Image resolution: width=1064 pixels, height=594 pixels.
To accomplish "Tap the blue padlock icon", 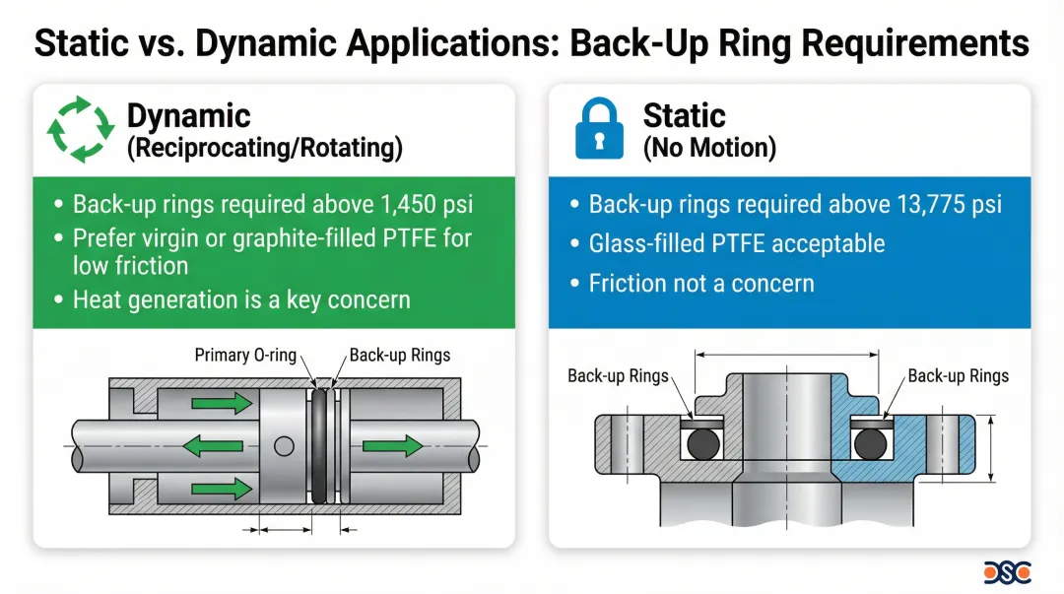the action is tap(599, 128).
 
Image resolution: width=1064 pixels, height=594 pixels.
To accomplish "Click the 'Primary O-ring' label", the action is tap(245, 355).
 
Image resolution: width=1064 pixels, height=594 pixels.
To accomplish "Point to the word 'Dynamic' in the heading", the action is tap(188, 115).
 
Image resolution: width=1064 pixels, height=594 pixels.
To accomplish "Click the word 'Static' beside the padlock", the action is tap(684, 115).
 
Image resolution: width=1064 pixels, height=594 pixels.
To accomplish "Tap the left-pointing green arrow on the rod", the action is tap(213, 446).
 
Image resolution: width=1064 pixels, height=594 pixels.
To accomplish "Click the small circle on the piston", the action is tap(285, 446).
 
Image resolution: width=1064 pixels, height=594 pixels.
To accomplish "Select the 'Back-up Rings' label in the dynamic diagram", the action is tap(400, 355).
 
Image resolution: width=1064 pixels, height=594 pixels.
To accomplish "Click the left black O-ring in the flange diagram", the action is tap(703, 444).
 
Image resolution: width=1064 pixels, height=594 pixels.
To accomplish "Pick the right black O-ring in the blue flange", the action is tap(871, 444).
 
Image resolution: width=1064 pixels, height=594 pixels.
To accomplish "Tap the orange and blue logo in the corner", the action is tap(1007, 572).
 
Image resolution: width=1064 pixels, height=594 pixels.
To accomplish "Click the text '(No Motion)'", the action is tap(709, 148).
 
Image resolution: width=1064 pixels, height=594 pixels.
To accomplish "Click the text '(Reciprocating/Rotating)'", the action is tap(265, 148).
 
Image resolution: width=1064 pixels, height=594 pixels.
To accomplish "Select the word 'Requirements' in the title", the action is tap(914, 43).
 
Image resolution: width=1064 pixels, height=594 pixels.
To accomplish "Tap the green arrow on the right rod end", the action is tap(393, 446).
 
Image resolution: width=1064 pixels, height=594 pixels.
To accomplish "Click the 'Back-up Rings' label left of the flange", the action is tap(618, 376).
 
